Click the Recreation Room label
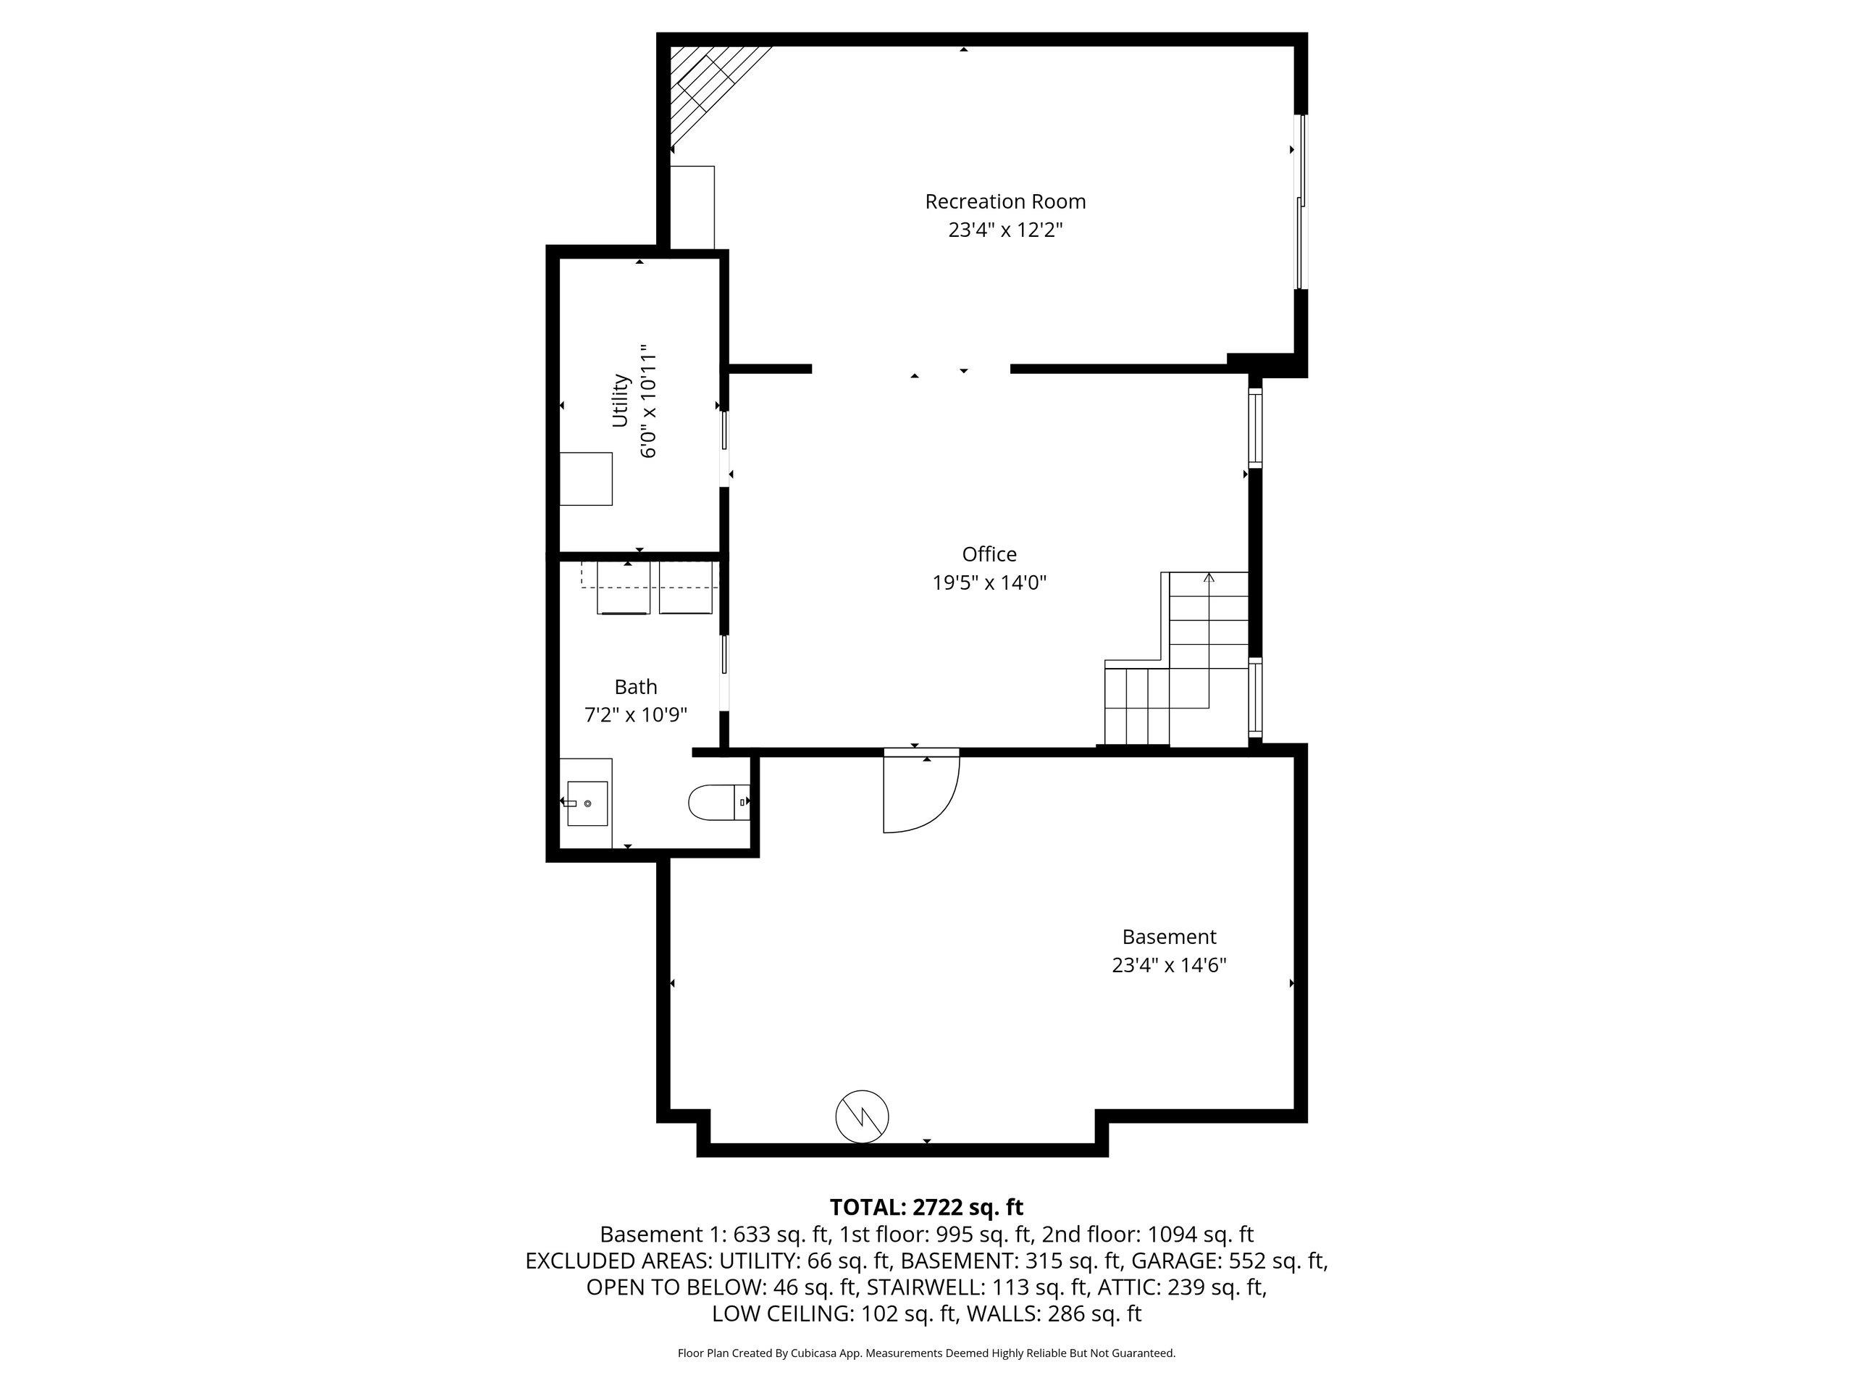click(1005, 201)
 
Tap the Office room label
click(989, 554)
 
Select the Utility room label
click(620, 400)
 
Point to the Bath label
click(635, 687)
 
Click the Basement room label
click(1169, 937)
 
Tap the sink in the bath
click(587, 803)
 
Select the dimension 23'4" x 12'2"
click(1005, 230)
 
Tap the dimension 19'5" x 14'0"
click(990, 582)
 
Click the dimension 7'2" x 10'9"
click(635, 715)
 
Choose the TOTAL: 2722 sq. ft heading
click(926, 1208)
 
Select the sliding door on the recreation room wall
click(1301, 201)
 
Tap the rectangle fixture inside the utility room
click(586, 479)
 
